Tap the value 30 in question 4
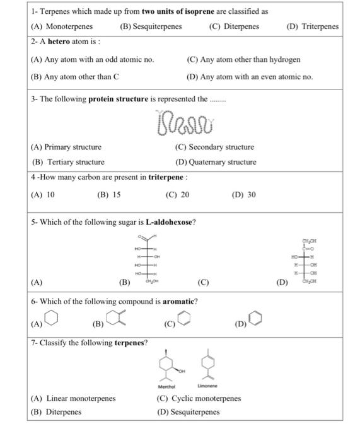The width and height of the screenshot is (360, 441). point(250,195)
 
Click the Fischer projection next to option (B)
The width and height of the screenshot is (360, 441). point(146,260)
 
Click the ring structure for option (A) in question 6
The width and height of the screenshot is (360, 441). point(52,319)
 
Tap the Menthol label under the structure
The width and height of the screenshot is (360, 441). point(166,386)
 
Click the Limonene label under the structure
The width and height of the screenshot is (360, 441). point(207,386)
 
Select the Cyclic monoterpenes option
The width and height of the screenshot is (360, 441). point(207,399)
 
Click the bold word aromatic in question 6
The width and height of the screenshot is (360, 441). point(178,301)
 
